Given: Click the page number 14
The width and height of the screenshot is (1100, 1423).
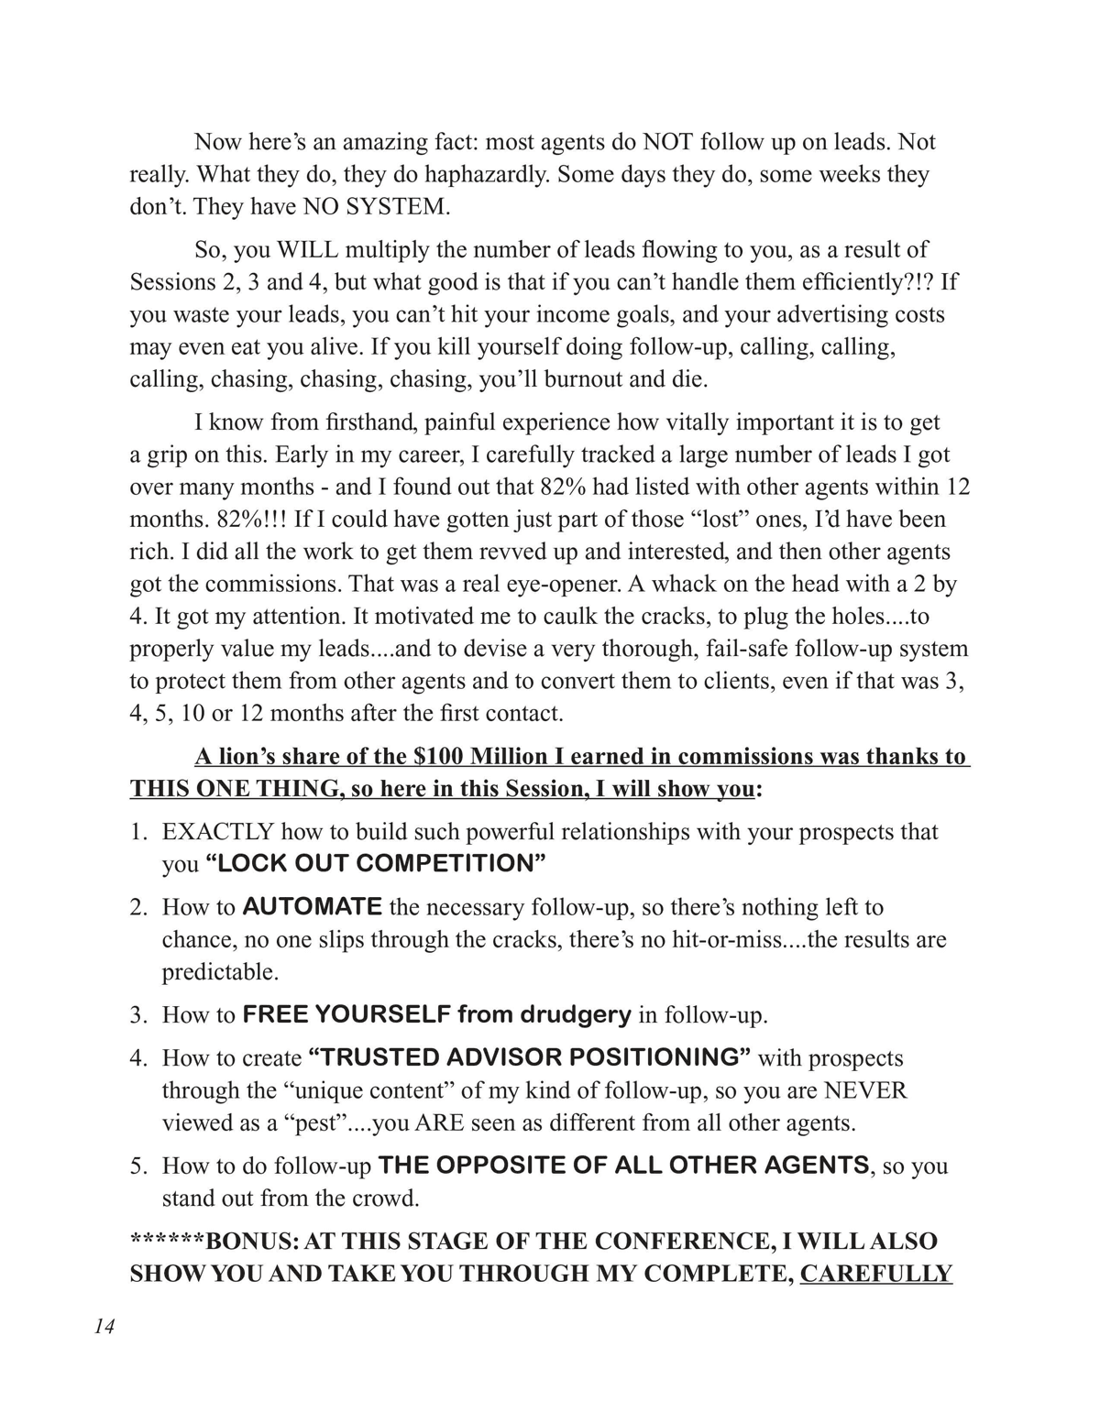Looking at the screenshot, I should tap(104, 1328).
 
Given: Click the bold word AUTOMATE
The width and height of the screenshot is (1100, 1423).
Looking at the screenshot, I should tap(312, 907).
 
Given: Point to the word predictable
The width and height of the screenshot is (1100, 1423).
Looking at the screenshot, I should tap(220, 971).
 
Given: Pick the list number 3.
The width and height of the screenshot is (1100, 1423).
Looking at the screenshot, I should tap(138, 1015).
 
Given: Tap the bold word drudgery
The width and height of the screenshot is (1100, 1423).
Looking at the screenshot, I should tap(576, 1014).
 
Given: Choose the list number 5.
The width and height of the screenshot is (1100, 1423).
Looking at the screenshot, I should tap(138, 1166).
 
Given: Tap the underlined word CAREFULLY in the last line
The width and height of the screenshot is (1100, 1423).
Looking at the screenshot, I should tap(875, 1274).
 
